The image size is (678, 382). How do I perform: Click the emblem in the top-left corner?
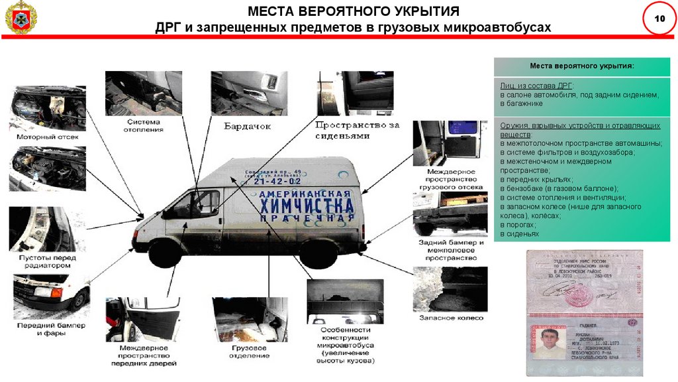coord(21,18)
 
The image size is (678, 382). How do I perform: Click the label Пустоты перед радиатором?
coord(43,261)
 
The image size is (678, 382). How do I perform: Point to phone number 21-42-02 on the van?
coord(273,181)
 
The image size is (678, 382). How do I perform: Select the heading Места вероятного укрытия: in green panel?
coord(581,67)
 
